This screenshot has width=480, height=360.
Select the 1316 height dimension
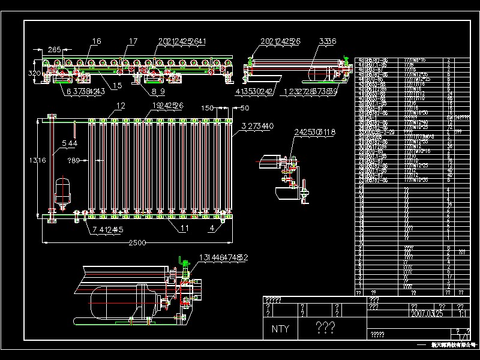tap(38, 160)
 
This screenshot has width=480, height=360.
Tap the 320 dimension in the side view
tap(35, 73)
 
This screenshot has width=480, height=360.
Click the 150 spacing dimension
tap(208, 109)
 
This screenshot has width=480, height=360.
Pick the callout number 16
tap(96, 41)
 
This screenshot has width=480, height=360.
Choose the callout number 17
tap(133, 41)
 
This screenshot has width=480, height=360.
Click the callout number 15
tap(116, 86)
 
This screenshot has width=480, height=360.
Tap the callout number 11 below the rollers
tap(184, 228)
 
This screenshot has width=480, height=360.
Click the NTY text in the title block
tap(280, 328)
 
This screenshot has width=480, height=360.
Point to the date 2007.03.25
tap(427, 313)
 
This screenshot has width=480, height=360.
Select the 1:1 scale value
tap(463, 313)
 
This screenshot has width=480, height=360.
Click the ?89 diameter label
tap(74, 160)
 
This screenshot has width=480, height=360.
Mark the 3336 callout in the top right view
tap(328, 41)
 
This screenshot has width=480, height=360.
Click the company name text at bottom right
tap(453, 345)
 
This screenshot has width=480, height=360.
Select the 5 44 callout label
tap(70, 143)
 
